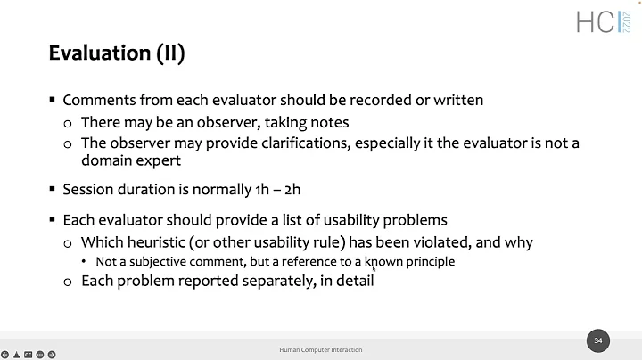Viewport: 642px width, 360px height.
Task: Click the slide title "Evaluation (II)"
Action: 116,54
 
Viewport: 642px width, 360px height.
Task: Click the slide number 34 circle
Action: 598,340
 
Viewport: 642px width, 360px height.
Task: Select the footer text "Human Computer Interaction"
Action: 320,350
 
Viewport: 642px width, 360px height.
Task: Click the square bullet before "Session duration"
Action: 53,189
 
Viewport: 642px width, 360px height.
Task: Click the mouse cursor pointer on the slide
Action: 373,266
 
